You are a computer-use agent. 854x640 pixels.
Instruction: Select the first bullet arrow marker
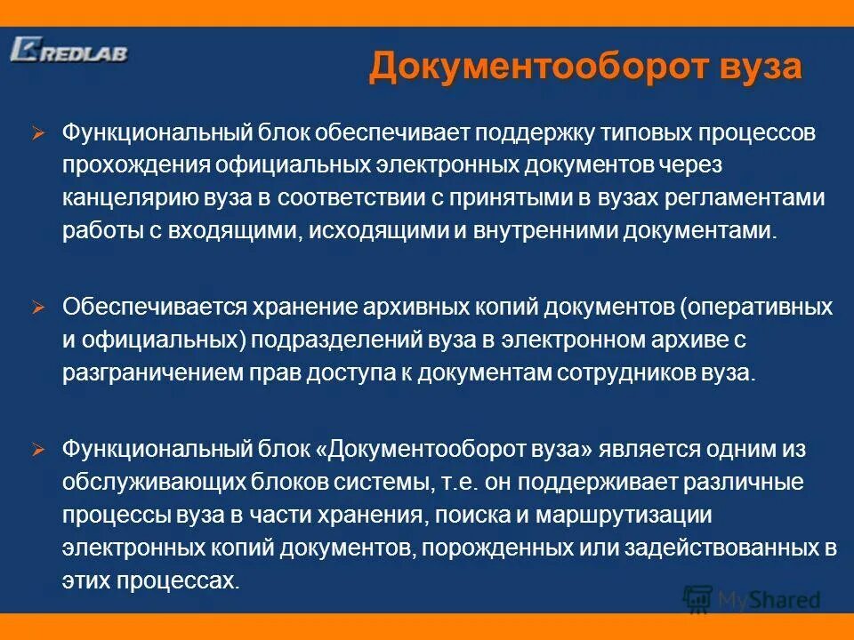point(37,133)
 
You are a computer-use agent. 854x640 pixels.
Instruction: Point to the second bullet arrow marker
point(37,307)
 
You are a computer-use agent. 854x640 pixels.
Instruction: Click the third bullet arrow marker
point(37,450)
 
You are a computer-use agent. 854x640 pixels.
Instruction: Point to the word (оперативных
point(756,308)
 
